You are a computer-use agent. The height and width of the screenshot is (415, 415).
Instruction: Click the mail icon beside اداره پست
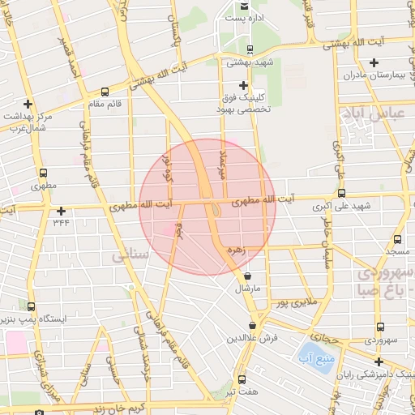243,6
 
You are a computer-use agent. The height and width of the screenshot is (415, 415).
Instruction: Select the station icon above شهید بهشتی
250,48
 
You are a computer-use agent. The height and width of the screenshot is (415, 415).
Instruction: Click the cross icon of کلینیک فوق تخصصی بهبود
243,85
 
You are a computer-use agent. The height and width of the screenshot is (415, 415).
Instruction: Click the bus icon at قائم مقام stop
105,92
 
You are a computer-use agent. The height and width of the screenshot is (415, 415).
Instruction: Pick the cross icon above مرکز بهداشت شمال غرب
28,104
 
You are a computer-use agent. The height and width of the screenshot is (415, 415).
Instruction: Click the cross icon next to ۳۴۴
61,211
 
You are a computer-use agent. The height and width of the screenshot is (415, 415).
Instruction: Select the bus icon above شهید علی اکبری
341,194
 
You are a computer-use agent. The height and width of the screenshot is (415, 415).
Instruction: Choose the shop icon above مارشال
247,276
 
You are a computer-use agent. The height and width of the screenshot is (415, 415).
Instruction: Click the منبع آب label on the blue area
310,354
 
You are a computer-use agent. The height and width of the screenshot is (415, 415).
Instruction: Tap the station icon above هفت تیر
242,379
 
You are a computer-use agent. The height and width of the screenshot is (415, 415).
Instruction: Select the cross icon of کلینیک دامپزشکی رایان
379,362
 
